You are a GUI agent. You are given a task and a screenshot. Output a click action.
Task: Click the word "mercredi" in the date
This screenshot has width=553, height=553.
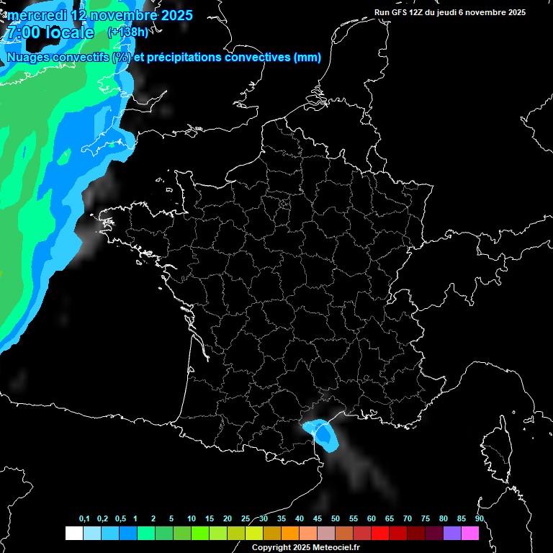[37, 15]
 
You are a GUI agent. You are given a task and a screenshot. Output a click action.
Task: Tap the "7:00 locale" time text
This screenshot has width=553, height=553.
[50, 32]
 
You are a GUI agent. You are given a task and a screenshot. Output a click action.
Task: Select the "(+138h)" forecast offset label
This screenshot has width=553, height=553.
[127, 32]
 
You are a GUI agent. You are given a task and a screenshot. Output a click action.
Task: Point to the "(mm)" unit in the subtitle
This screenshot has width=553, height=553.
[307, 57]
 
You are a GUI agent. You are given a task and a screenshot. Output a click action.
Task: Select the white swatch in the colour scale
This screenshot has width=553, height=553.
[73, 533]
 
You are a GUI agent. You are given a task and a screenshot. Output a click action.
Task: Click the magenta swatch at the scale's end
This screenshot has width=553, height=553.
[470, 533]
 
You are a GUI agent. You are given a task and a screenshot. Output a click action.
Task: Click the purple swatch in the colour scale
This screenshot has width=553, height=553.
[452, 533]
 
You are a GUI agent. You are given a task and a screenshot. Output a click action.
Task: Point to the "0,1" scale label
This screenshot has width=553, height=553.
[84, 519]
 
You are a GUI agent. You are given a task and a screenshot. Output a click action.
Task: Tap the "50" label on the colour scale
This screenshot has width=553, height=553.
[336, 519]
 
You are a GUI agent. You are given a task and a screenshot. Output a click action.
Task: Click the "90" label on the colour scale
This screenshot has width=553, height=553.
[480, 519]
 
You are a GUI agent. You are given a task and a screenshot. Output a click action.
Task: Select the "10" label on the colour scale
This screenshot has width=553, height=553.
[192, 519]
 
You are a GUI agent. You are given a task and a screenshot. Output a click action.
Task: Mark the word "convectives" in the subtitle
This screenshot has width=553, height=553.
[257, 57]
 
